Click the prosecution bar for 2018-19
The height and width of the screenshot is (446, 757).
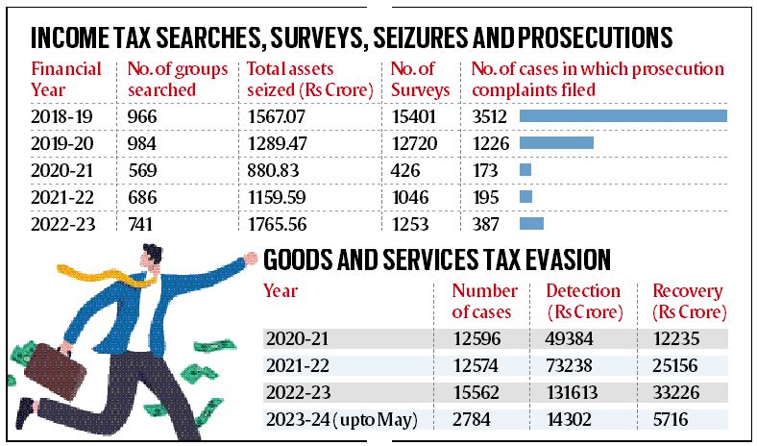pyautogui.click(x=623, y=116)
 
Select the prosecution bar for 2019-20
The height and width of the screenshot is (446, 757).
pyautogui.click(x=556, y=143)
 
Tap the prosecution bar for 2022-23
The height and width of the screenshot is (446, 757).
pyautogui.click(x=531, y=223)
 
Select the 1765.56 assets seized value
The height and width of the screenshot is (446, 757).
pyautogui.click(x=279, y=223)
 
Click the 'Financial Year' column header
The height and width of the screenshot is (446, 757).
pyautogui.click(x=66, y=80)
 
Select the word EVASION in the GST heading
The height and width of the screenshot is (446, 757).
pyautogui.click(x=573, y=260)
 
